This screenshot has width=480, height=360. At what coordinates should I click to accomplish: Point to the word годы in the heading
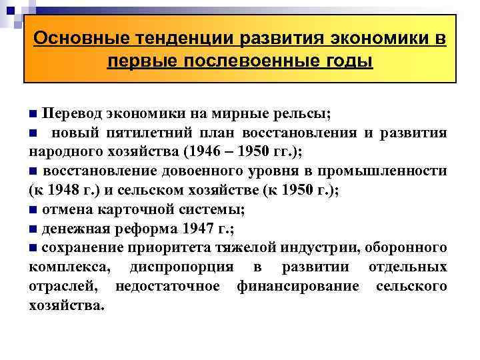[x=343, y=62]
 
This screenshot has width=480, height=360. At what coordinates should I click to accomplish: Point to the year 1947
[x=197, y=229]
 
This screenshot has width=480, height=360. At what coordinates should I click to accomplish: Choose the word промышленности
[x=389, y=171]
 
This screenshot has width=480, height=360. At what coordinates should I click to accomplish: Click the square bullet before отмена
[x=33, y=210]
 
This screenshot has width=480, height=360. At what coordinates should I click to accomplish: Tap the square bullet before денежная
[x=33, y=229]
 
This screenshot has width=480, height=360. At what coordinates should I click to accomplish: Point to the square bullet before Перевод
[x=33, y=111]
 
